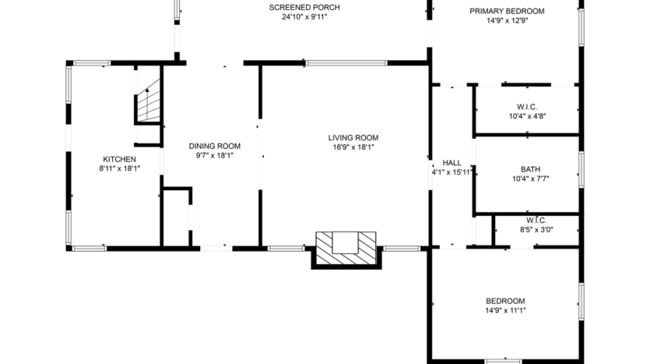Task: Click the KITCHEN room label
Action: point(118,159)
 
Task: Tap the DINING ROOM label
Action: point(214,146)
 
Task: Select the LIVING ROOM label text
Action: point(353,138)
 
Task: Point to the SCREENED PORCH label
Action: point(304,7)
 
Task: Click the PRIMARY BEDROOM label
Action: point(507,11)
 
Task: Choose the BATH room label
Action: point(530,169)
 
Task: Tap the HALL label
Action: point(451,163)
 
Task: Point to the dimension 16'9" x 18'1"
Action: point(353,147)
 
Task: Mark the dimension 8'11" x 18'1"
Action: point(118,168)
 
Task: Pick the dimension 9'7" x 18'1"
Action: point(214,155)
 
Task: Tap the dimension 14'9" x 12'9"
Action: point(507,21)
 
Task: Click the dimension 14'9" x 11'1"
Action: point(505,310)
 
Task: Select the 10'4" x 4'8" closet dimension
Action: point(527,116)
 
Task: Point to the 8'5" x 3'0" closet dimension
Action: point(536,230)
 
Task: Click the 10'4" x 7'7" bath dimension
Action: point(530,178)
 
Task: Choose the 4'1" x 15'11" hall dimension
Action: point(451,172)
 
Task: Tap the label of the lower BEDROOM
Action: point(505,301)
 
